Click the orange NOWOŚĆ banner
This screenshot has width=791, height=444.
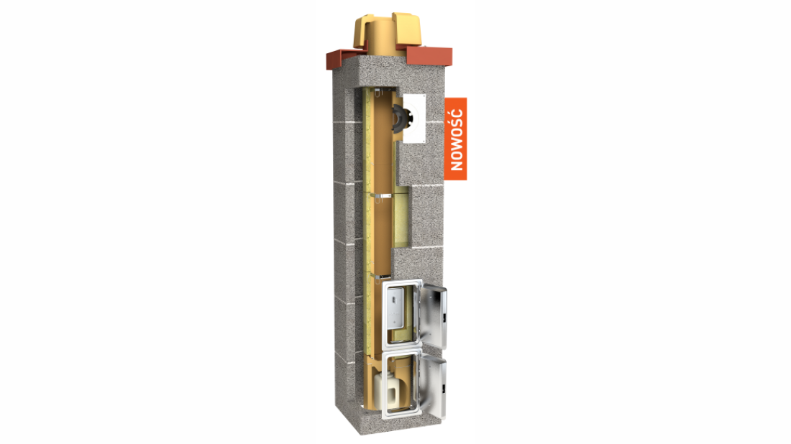(455, 139)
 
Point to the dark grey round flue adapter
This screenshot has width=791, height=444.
(401, 119)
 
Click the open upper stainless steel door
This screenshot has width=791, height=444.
(433, 318)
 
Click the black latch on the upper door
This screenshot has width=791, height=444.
(444, 318)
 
